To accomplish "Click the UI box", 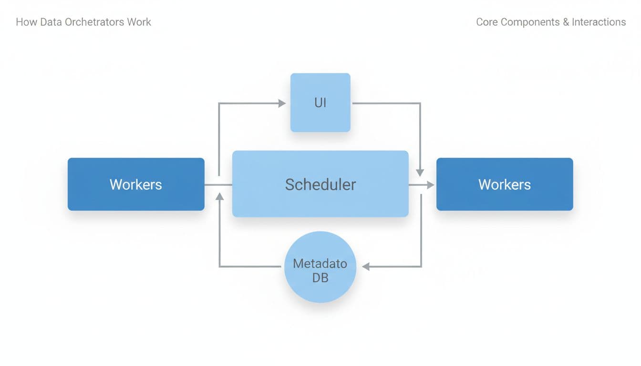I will pos(320,102).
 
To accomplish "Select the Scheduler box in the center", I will pos(320,184).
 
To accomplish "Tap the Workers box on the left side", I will pos(136,184).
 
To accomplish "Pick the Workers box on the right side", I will pos(505,184).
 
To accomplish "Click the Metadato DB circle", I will pos(320,267).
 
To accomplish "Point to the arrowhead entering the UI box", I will pos(282,102).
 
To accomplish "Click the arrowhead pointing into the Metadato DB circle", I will pos(366,267).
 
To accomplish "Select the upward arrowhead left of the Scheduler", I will pos(219,195).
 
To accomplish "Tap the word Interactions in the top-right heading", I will pos(599,22).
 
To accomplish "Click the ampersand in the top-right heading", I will pos(566,22).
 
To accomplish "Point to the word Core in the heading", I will pos(487,22).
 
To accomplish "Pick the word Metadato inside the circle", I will pos(320,264).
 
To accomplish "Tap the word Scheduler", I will pos(320,184).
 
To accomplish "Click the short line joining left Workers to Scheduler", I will pos(218,184).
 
